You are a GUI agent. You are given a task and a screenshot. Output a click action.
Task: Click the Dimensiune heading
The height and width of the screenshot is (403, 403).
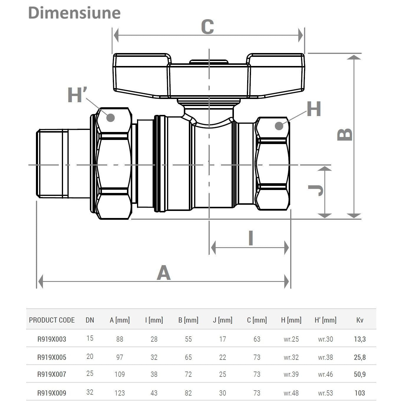(x=74, y=13)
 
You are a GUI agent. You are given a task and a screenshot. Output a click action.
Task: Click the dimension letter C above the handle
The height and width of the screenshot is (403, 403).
(x=207, y=27)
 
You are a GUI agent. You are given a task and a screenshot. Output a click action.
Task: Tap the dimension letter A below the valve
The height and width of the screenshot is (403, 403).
(x=163, y=272)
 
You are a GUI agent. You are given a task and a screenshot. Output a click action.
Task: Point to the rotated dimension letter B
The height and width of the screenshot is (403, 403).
(x=345, y=134)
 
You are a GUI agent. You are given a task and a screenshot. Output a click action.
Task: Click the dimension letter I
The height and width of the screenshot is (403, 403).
(x=251, y=238)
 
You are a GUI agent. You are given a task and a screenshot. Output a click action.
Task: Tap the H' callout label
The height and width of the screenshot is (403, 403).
(x=77, y=95)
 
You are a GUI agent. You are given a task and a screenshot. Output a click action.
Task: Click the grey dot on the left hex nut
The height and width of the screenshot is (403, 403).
(x=110, y=118)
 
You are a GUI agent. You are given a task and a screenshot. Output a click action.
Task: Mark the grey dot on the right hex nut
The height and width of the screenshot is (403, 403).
(x=279, y=126)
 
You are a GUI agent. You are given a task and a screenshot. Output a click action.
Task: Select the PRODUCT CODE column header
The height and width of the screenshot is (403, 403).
(x=52, y=320)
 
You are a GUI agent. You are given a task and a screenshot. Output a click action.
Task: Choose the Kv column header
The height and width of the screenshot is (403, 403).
(x=360, y=320)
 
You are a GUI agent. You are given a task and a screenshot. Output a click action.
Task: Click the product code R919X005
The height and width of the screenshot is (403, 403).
(x=52, y=357)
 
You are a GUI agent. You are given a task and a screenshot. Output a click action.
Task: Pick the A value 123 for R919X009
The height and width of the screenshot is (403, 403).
(x=120, y=393)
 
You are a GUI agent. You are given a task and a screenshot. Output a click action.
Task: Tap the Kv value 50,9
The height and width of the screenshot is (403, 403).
(x=360, y=374)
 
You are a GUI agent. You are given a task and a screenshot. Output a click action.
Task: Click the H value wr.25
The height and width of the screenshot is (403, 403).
(x=291, y=339)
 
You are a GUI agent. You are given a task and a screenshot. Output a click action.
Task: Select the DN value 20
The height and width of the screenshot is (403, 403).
(x=90, y=356)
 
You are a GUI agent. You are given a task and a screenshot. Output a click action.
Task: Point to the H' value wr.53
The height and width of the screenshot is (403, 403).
(x=326, y=393)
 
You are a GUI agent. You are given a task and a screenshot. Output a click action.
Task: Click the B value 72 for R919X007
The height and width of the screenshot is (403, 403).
(x=188, y=374)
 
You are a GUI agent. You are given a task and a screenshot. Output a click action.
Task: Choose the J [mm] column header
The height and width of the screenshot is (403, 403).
(x=222, y=320)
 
